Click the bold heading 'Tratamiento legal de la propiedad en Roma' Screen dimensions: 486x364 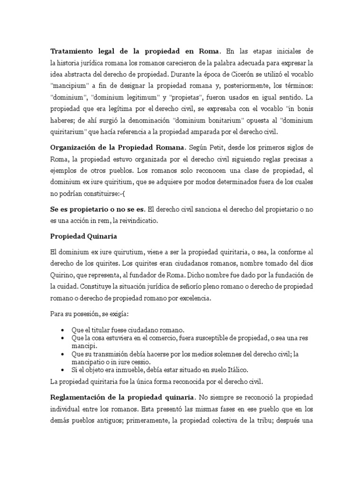[135, 51]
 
